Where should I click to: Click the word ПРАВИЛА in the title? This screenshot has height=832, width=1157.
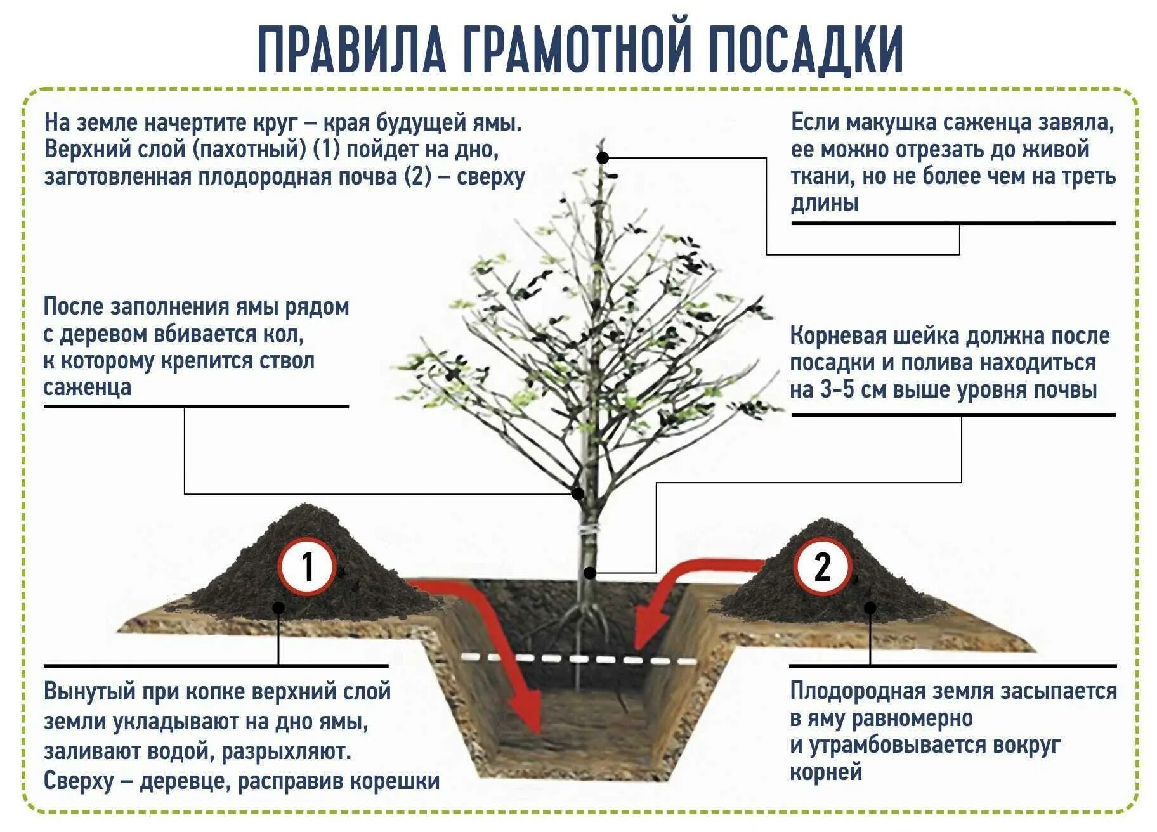point(352,50)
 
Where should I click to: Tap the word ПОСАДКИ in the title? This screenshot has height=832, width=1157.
point(805,50)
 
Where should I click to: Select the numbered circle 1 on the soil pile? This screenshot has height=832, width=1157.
point(308,566)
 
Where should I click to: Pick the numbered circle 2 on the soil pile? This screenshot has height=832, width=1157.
point(822,566)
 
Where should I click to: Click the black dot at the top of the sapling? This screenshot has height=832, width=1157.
point(603,157)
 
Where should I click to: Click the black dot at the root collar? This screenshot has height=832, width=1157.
point(590,573)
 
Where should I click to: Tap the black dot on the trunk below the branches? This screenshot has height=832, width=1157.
point(578,493)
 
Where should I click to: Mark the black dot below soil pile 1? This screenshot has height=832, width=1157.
point(278,608)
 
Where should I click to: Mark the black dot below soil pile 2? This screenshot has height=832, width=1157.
point(870,608)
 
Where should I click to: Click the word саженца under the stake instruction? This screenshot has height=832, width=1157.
point(87,387)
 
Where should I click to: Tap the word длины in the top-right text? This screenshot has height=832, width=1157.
point(825,203)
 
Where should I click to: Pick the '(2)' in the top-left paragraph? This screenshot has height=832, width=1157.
point(417,176)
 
